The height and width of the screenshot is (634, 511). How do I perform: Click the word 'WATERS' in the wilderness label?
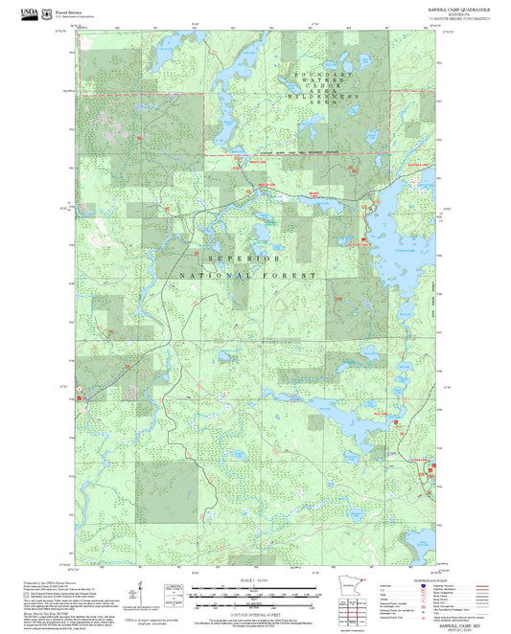coord(324,81)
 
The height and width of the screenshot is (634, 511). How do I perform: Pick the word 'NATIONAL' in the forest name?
coord(214,276)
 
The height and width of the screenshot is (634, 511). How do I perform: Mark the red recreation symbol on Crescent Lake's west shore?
coord(364,239)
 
